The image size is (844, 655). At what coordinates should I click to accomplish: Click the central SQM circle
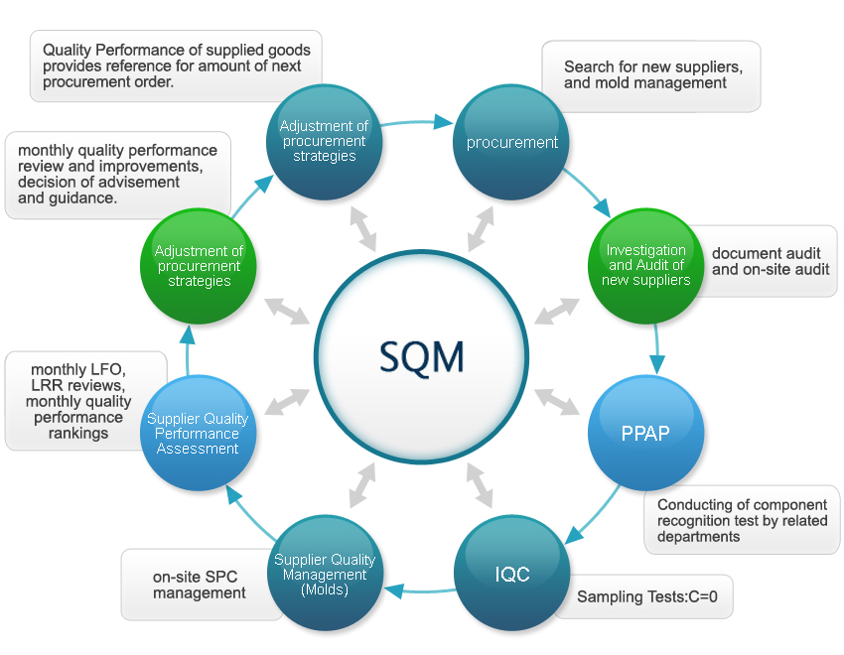point(421,354)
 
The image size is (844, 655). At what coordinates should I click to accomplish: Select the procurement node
point(512,142)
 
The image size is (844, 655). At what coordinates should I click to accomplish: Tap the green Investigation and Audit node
point(646,265)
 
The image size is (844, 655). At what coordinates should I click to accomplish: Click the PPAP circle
point(645,434)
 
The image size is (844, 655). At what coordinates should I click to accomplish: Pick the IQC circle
point(511,574)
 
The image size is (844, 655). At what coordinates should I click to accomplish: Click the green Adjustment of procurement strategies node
point(199,266)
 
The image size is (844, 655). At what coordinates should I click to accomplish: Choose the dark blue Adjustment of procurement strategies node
point(325,141)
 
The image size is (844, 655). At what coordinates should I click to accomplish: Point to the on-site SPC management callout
point(199,585)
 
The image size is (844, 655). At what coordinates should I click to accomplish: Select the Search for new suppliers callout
point(652,75)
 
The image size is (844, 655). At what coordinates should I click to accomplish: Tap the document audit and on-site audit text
point(770,261)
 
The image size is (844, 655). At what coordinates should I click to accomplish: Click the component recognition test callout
point(741,520)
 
